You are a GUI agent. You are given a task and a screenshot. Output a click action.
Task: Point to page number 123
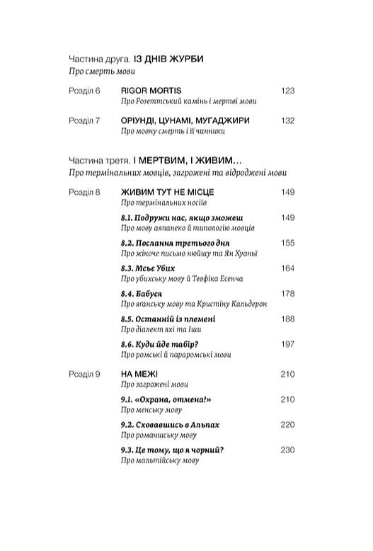(287, 91)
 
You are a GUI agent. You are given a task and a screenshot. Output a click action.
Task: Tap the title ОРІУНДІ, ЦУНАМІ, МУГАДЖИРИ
(185, 120)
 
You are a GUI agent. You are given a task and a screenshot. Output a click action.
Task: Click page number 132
(287, 120)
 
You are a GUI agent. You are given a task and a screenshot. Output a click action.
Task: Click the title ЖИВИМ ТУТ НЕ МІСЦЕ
(168, 192)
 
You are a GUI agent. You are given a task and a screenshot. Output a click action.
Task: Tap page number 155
(287, 243)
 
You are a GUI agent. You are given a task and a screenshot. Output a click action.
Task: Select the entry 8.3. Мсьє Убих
(148, 268)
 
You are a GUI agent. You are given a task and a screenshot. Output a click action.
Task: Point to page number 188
(287, 319)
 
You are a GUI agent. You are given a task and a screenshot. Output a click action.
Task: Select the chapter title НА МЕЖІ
(139, 374)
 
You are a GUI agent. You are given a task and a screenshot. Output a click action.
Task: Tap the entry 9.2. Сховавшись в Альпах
(171, 424)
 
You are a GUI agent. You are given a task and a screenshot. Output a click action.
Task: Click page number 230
(287, 450)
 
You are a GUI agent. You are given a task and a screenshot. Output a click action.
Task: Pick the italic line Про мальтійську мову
(160, 461)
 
